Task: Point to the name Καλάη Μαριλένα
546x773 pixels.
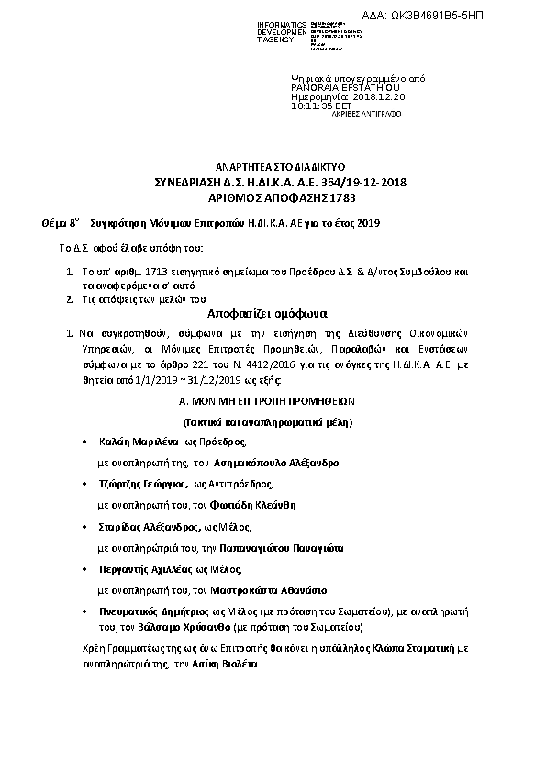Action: pyautogui.click(x=143, y=442)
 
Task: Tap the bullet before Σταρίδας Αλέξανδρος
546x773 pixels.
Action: pyautogui.click(x=84, y=527)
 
